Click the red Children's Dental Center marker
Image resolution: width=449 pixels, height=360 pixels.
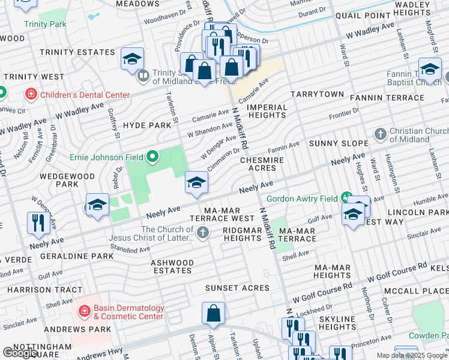[29, 94]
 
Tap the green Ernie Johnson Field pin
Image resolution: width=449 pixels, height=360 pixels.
[152, 157]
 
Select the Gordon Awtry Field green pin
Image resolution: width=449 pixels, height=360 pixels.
[346, 197]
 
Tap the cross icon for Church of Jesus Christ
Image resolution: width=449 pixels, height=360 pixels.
[203, 233]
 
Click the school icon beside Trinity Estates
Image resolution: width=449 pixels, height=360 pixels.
[132, 59]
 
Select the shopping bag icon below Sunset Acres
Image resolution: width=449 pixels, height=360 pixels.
[213, 313]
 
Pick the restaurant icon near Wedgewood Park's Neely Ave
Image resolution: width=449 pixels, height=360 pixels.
[38, 223]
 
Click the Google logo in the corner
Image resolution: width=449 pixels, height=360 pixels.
[19, 353]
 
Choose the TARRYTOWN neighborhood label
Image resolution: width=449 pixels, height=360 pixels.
[317, 95]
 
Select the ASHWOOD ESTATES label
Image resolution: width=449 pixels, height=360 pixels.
[172, 266]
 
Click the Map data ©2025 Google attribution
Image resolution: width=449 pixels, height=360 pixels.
[412, 355]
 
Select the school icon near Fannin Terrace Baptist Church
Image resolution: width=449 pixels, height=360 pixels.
[429, 69]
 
